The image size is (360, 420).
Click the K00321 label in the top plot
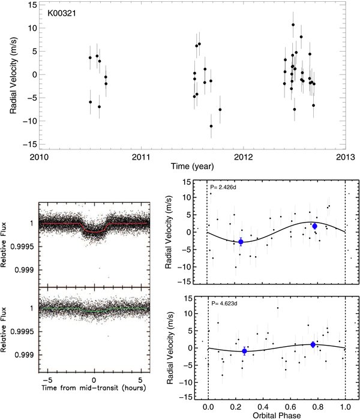[62, 13]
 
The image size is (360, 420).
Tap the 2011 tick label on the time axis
[141, 157]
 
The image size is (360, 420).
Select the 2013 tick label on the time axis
[346, 157]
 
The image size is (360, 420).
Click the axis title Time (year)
[193, 167]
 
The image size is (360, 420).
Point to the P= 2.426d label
[223, 187]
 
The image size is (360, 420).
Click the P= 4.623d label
[224, 304]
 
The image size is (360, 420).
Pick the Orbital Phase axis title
[277, 416]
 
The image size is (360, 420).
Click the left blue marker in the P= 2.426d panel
[241, 242]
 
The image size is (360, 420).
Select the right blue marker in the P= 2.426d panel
[314, 226]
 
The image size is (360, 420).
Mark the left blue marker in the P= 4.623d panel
[244, 351]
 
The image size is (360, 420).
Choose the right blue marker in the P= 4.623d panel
[313, 345]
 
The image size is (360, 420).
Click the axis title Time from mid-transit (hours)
[94, 388]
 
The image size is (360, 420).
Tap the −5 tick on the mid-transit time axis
[47, 380]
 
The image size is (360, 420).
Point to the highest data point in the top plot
[293, 25]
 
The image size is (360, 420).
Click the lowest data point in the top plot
[211, 126]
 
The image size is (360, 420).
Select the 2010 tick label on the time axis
[39, 157]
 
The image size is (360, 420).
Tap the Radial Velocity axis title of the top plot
[13, 75]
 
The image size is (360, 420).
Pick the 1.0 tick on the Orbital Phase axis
[345, 407]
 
